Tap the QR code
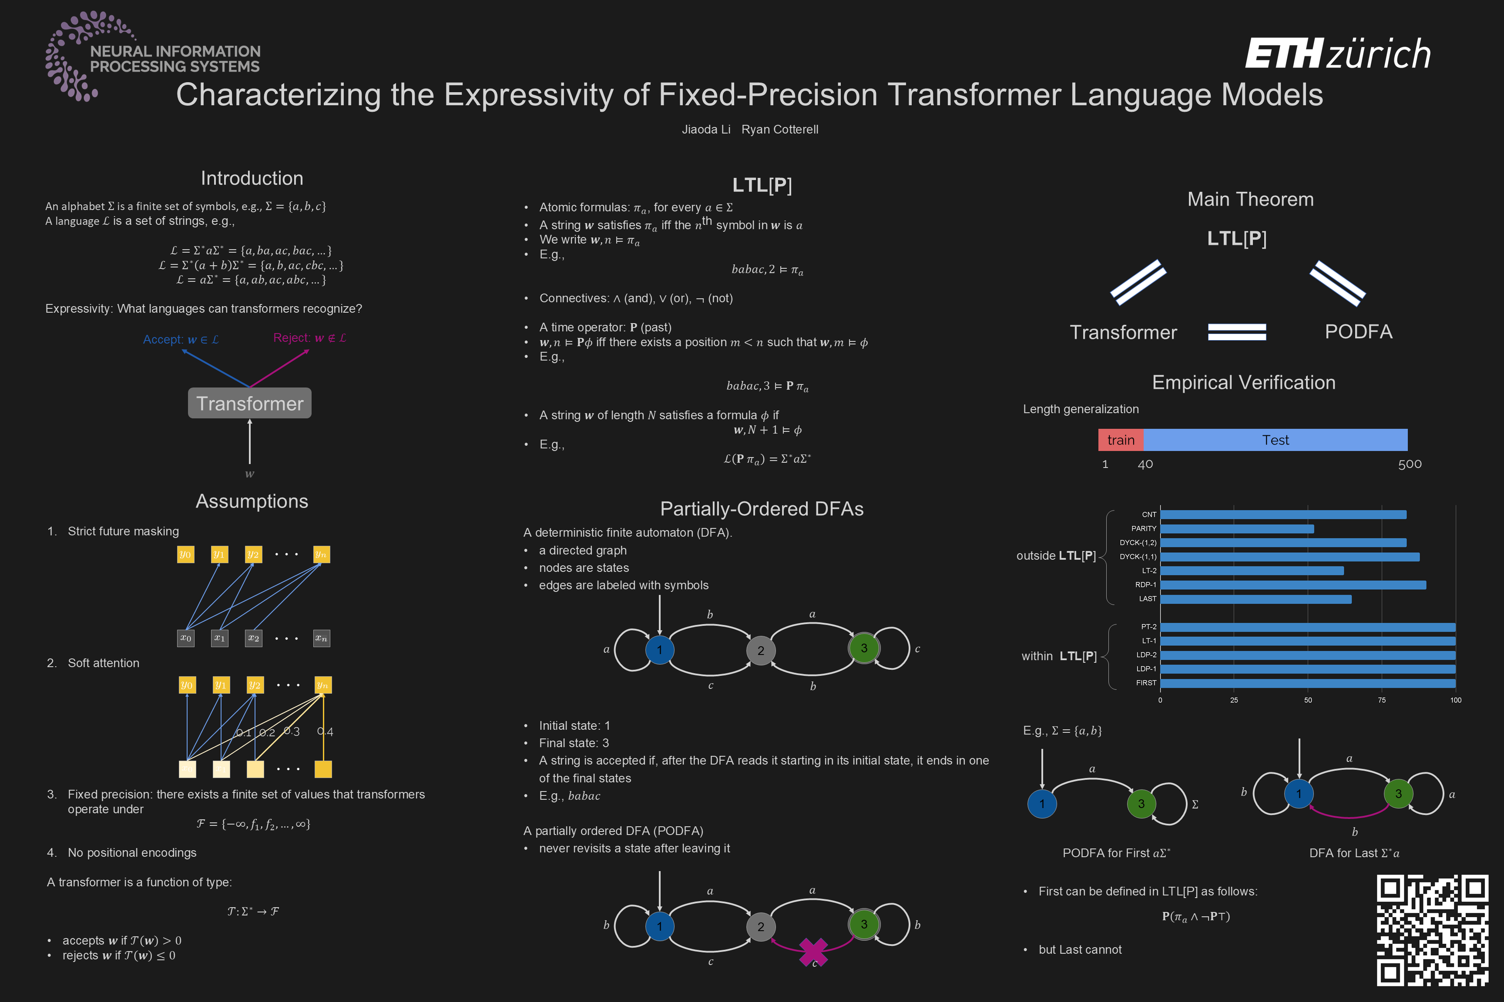click(x=1432, y=930)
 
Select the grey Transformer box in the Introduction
click(x=249, y=403)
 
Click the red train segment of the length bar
click(x=1120, y=440)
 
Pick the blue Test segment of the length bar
click(x=1275, y=440)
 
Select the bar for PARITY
click(x=1237, y=528)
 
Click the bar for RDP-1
click(x=1292, y=584)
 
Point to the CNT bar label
click(x=1148, y=514)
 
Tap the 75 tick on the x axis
click(x=1381, y=700)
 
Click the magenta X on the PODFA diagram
click(x=813, y=952)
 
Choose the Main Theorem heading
click(x=1250, y=199)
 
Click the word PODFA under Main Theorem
click(x=1358, y=332)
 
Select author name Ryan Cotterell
click(x=779, y=130)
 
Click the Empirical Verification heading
click(x=1243, y=382)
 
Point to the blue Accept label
click(x=180, y=339)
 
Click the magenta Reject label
click(x=309, y=338)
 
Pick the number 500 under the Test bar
click(x=1410, y=464)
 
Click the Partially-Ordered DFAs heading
click(x=762, y=509)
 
